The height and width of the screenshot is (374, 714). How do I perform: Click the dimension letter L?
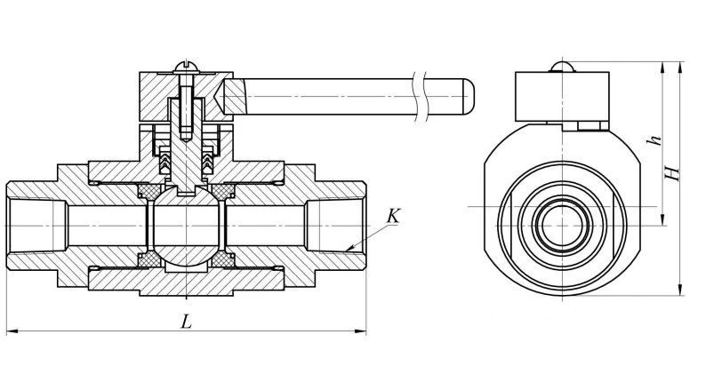tap(185, 322)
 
